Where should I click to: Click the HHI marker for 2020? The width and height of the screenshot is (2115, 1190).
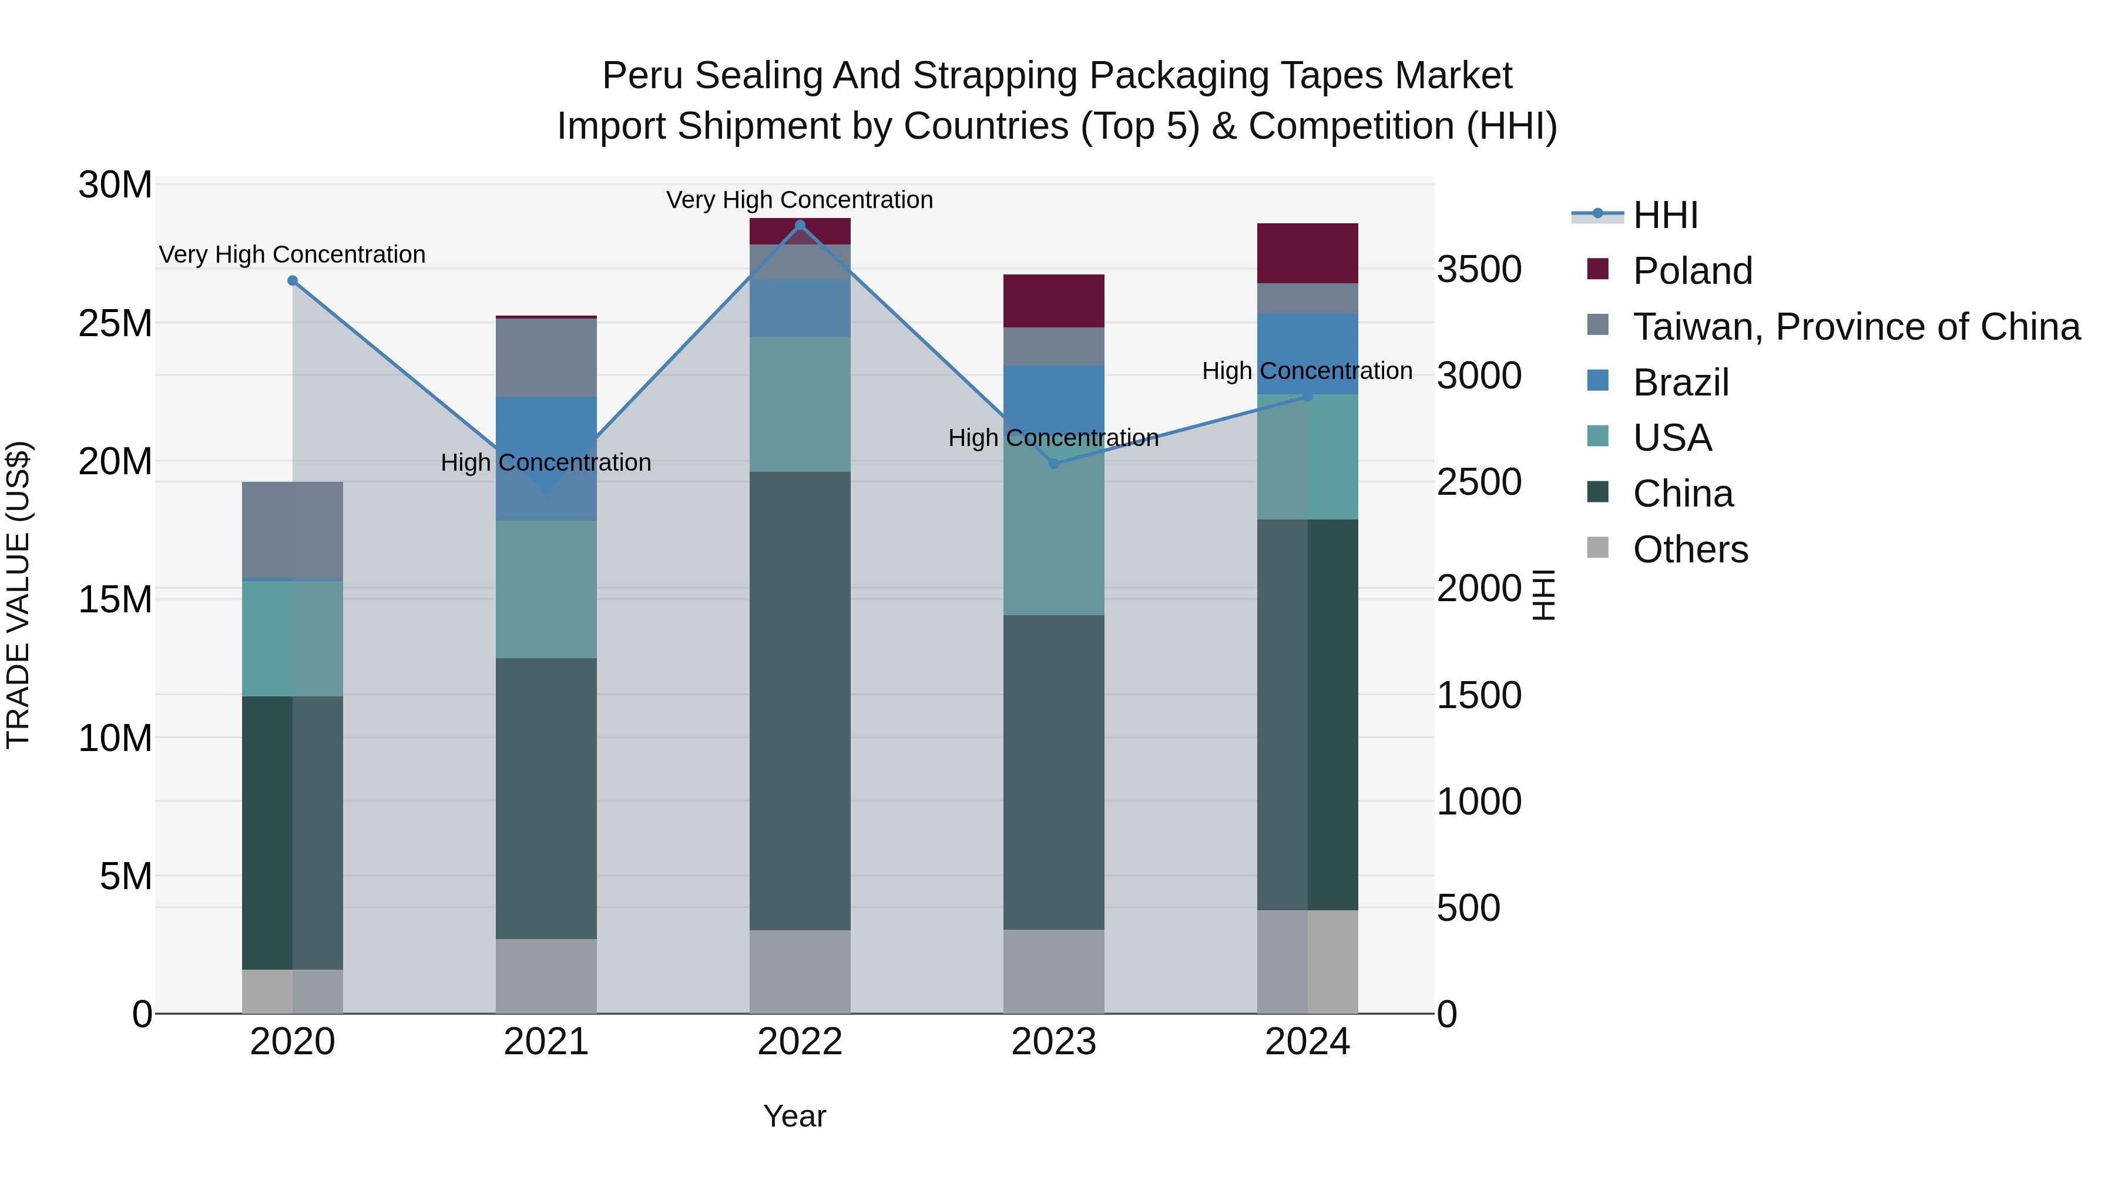point(293,281)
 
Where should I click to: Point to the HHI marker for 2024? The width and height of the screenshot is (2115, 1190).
point(1308,397)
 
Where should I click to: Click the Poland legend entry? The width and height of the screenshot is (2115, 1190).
point(1692,271)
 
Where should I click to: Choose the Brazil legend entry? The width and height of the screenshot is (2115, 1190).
point(1681,383)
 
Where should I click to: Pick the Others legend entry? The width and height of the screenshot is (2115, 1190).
point(1690,549)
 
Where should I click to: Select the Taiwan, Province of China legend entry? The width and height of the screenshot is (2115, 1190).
point(1855,327)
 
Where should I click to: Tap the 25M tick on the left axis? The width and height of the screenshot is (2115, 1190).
point(115,324)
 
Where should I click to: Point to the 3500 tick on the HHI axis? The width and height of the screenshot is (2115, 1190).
point(1479,269)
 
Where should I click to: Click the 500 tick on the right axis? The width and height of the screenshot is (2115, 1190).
point(1469,909)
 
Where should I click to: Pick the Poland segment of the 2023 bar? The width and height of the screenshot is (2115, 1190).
point(1053,300)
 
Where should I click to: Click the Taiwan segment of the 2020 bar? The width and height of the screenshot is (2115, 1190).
point(293,531)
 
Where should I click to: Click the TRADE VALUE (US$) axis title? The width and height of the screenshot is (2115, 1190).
point(18,595)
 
